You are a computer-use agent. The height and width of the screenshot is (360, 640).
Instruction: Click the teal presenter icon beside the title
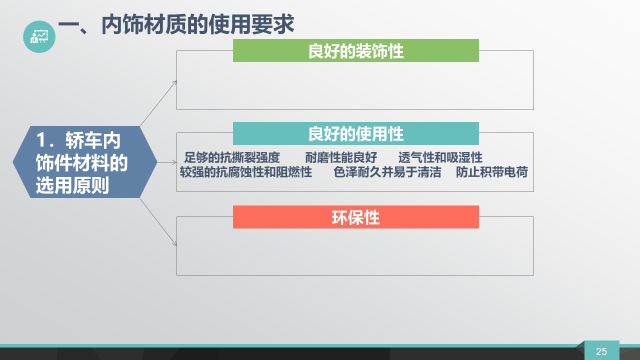pyautogui.click(x=39, y=36)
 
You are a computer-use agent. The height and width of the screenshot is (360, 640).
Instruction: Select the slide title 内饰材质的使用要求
pyautogui.click(x=197, y=24)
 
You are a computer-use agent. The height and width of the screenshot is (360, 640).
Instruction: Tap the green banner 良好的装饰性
pyautogui.click(x=355, y=50)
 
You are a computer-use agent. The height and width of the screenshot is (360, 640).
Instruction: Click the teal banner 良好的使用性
pyautogui.click(x=355, y=133)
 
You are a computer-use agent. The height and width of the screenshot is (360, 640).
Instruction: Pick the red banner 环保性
pyautogui.click(x=355, y=217)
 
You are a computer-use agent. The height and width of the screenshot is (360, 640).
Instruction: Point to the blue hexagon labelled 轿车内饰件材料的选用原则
pyautogui.click(x=85, y=162)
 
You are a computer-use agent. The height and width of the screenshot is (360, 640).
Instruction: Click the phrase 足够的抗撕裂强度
pyautogui.click(x=231, y=157)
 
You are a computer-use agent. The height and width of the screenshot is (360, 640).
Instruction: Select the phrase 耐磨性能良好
pyautogui.click(x=341, y=157)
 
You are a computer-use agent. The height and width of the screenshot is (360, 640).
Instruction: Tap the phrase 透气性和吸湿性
pyautogui.click(x=440, y=157)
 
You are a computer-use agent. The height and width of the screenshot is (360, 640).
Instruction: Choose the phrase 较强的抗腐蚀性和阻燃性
pyautogui.click(x=246, y=172)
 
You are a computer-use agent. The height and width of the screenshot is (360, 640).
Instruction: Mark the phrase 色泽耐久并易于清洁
pyautogui.click(x=387, y=172)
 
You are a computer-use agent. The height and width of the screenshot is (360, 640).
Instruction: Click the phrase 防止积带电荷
pyautogui.click(x=491, y=172)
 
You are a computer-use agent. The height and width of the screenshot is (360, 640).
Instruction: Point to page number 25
pyautogui.click(x=601, y=351)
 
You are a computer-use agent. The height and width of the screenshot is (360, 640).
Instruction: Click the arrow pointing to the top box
pyautogui.click(x=158, y=103)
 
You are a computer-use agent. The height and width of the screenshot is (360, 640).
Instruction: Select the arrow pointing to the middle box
pyautogui.click(x=167, y=162)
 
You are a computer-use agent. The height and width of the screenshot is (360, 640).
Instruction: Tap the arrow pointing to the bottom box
pyautogui.click(x=158, y=222)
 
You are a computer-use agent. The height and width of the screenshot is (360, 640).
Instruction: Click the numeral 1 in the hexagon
pyautogui.click(x=41, y=140)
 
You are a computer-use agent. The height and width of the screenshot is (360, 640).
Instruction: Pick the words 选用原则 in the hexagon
pyautogui.click(x=72, y=185)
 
